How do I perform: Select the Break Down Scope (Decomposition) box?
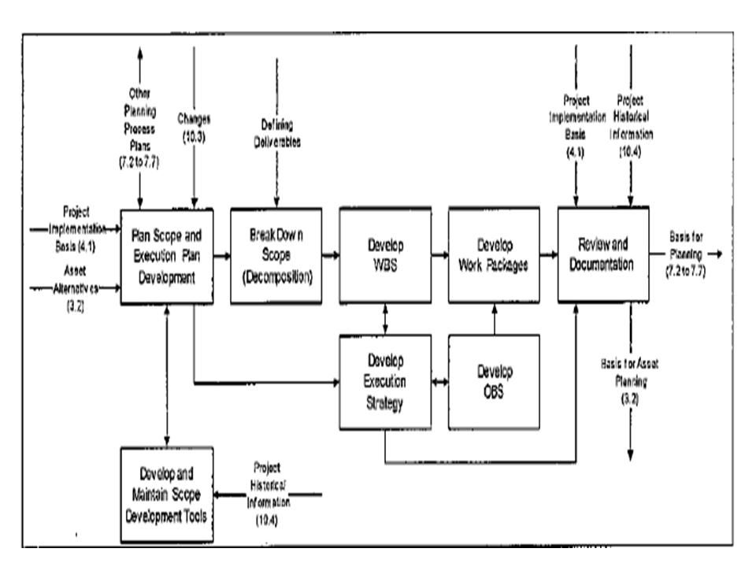pos(276,256)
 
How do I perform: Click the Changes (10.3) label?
pos(195,124)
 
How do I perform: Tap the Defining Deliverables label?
pos(276,130)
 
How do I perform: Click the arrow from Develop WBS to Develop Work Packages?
pos(439,255)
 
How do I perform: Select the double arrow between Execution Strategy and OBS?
pos(439,384)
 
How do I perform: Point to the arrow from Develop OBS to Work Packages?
pos(495,319)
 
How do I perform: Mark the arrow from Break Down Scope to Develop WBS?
pos(331,255)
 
